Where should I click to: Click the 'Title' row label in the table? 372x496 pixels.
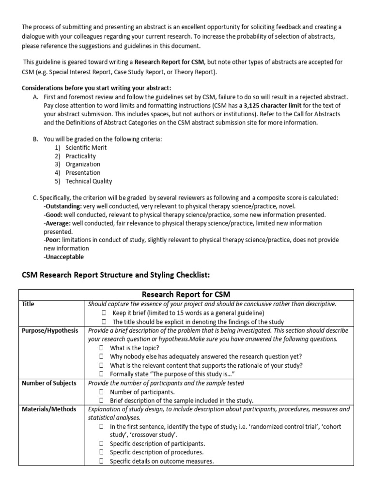(x=29, y=304)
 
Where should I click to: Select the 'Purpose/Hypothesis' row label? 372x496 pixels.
(x=49, y=330)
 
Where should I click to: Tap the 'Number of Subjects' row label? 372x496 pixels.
(x=49, y=383)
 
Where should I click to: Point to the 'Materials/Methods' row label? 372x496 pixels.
(x=49, y=409)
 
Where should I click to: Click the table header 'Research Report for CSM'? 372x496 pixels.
(x=186, y=294)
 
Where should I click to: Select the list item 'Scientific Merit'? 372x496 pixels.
(x=86, y=147)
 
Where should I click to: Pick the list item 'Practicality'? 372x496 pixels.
(x=81, y=156)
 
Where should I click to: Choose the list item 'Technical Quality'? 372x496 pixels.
(x=89, y=181)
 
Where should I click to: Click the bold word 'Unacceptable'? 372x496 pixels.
(x=63, y=257)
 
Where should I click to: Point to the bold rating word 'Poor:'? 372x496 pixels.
(x=52, y=240)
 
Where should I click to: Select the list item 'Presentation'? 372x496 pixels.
(x=83, y=172)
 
